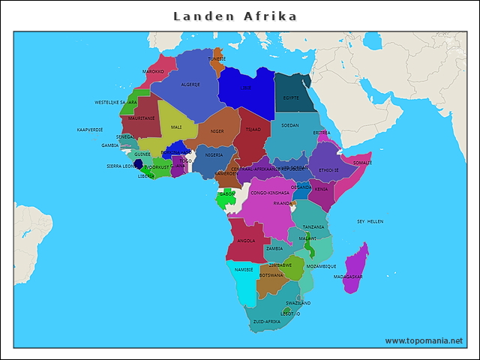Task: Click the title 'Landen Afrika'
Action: click(235, 16)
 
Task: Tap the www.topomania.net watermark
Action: click(424, 340)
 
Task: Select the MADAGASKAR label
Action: click(348, 277)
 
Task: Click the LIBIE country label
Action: click(246, 88)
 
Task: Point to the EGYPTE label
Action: click(291, 97)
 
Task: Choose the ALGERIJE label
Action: click(190, 85)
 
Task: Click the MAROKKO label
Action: click(153, 72)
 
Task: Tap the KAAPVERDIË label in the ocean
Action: click(90, 130)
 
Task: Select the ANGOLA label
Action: click(246, 241)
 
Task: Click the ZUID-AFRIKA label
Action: click(267, 321)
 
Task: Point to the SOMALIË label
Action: click(362, 162)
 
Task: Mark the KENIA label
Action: click(321, 189)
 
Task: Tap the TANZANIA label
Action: click(313, 226)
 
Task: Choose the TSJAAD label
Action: click(253, 129)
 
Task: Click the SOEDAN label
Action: click(290, 125)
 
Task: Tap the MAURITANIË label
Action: click(142, 118)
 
